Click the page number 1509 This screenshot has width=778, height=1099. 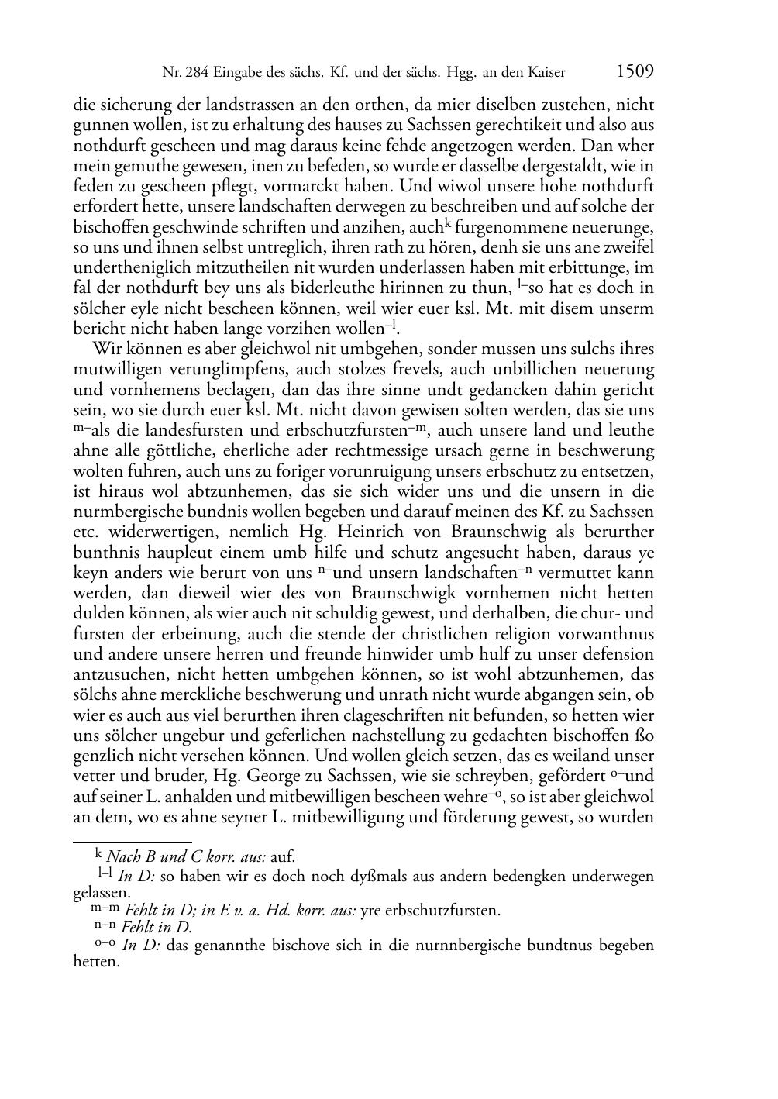(635, 72)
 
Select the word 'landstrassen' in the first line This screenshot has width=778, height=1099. (234, 105)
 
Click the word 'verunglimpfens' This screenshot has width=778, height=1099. (194, 370)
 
